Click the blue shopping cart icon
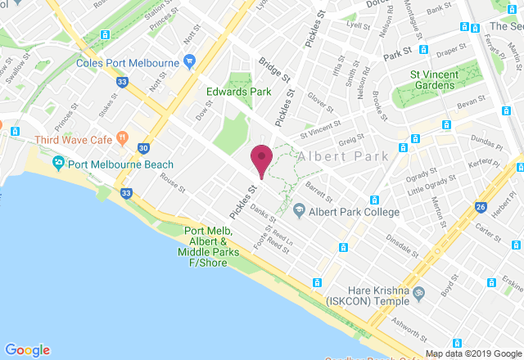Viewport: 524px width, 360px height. (x=190, y=61)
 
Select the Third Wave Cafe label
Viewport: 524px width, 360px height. (x=73, y=140)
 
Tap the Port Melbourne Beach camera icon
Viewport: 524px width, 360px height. (x=59, y=162)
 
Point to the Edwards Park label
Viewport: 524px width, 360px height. (x=238, y=92)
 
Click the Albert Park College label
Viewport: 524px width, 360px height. (x=355, y=212)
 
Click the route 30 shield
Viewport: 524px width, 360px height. (x=143, y=148)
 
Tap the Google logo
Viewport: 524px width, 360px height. (x=27, y=349)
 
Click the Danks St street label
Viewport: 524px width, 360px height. (x=264, y=215)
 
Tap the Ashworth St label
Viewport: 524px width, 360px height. (x=409, y=331)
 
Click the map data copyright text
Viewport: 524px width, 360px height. (x=472, y=353)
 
